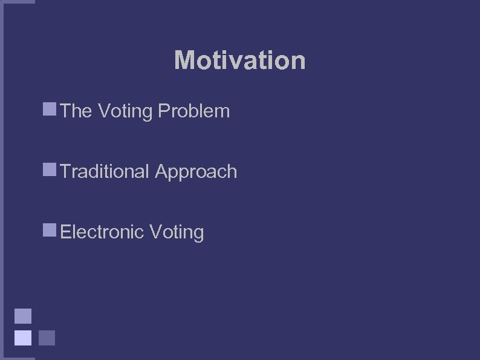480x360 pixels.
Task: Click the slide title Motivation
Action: point(239,61)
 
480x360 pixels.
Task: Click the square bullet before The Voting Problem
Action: point(50,110)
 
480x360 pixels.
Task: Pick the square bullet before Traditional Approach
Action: point(50,170)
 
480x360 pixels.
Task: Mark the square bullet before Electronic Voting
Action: point(50,230)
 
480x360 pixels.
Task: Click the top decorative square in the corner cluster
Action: point(23,316)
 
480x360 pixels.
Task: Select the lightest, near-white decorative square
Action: point(23,337)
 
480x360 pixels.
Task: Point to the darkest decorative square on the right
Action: point(47,337)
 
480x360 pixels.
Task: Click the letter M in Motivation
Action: point(184,61)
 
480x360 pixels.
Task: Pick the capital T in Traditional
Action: point(66,172)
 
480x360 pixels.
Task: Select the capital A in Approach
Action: point(161,172)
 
